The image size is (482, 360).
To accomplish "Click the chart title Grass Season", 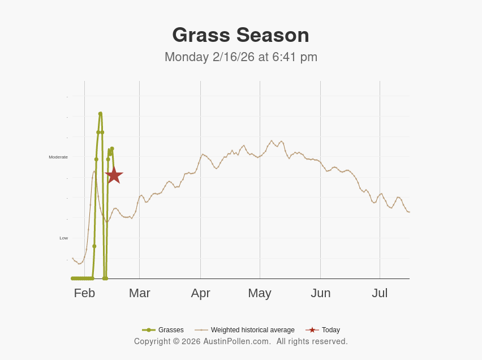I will pyautogui.click(x=240, y=35).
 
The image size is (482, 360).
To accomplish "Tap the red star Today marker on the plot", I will pyautogui.click(x=114, y=175).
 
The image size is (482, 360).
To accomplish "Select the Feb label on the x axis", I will pyautogui.click(x=84, y=293).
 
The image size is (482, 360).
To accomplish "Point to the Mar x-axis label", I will pyautogui.click(x=139, y=293).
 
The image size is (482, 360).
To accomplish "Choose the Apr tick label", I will pyautogui.click(x=200, y=293).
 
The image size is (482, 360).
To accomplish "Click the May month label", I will pyautogui.click(x=260, y=293).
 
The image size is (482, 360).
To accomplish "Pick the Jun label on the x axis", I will pyautogui.click(x=320, y=293).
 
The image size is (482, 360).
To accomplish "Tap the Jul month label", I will pyautogui.click(x=380, y=293).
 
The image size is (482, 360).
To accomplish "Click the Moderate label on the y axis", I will pyautogui.click(x=58, y=157).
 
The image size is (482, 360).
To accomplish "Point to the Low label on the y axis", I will pyautogui.click(x=63, y=238).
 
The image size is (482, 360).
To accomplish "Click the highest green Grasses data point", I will pyautogui.click(x=100, y=114).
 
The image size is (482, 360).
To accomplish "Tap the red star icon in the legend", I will pyautogui.click(x=312, y=330).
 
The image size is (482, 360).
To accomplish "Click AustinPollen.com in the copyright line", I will pyautogui.click(x=237, y=341).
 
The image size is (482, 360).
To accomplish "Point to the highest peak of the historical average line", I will pyautogui.click(x=272, y=140).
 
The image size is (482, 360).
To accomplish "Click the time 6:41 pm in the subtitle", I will pyautogui.click(x=295, y=57).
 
